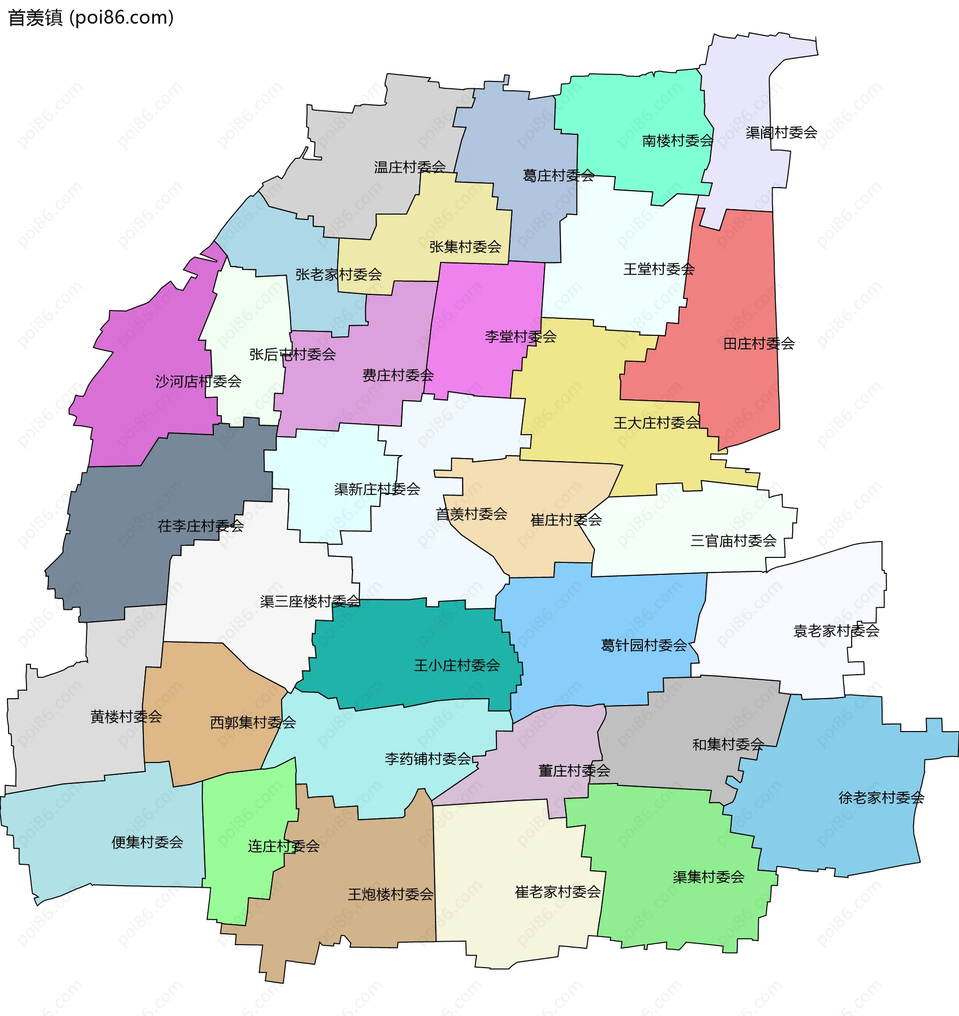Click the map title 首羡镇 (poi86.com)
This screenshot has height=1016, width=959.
click(91, 18)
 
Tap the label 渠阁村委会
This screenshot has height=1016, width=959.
click(781, 133)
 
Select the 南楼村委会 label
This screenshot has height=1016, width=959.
click(677, 141)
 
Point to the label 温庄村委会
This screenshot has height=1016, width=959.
click(410, 167)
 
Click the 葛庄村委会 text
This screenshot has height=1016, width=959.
click(558, 176)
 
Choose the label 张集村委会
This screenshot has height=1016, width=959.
click(465, 247)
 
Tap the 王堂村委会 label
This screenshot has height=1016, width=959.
click(659, 269)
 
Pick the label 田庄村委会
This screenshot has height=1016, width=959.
click(759, 344)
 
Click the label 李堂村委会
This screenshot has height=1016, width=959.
click(520, 337)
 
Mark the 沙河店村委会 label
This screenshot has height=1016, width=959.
click(198, 381)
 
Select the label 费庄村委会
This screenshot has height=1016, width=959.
click(398, 376)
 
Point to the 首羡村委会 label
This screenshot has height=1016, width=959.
click(471, 514)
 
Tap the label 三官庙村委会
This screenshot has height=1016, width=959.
click(733, 541)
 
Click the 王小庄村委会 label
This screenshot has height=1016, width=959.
click(457, 665)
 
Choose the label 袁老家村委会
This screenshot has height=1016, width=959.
click(836, 631)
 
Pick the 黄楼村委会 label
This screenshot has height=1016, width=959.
click(126, 717)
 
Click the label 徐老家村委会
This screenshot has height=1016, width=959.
click(881, 798)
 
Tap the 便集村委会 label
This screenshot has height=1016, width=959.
click(147, 842)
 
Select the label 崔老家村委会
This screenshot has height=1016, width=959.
click(557, 892)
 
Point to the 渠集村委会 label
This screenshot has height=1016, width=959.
click(708, 877)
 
